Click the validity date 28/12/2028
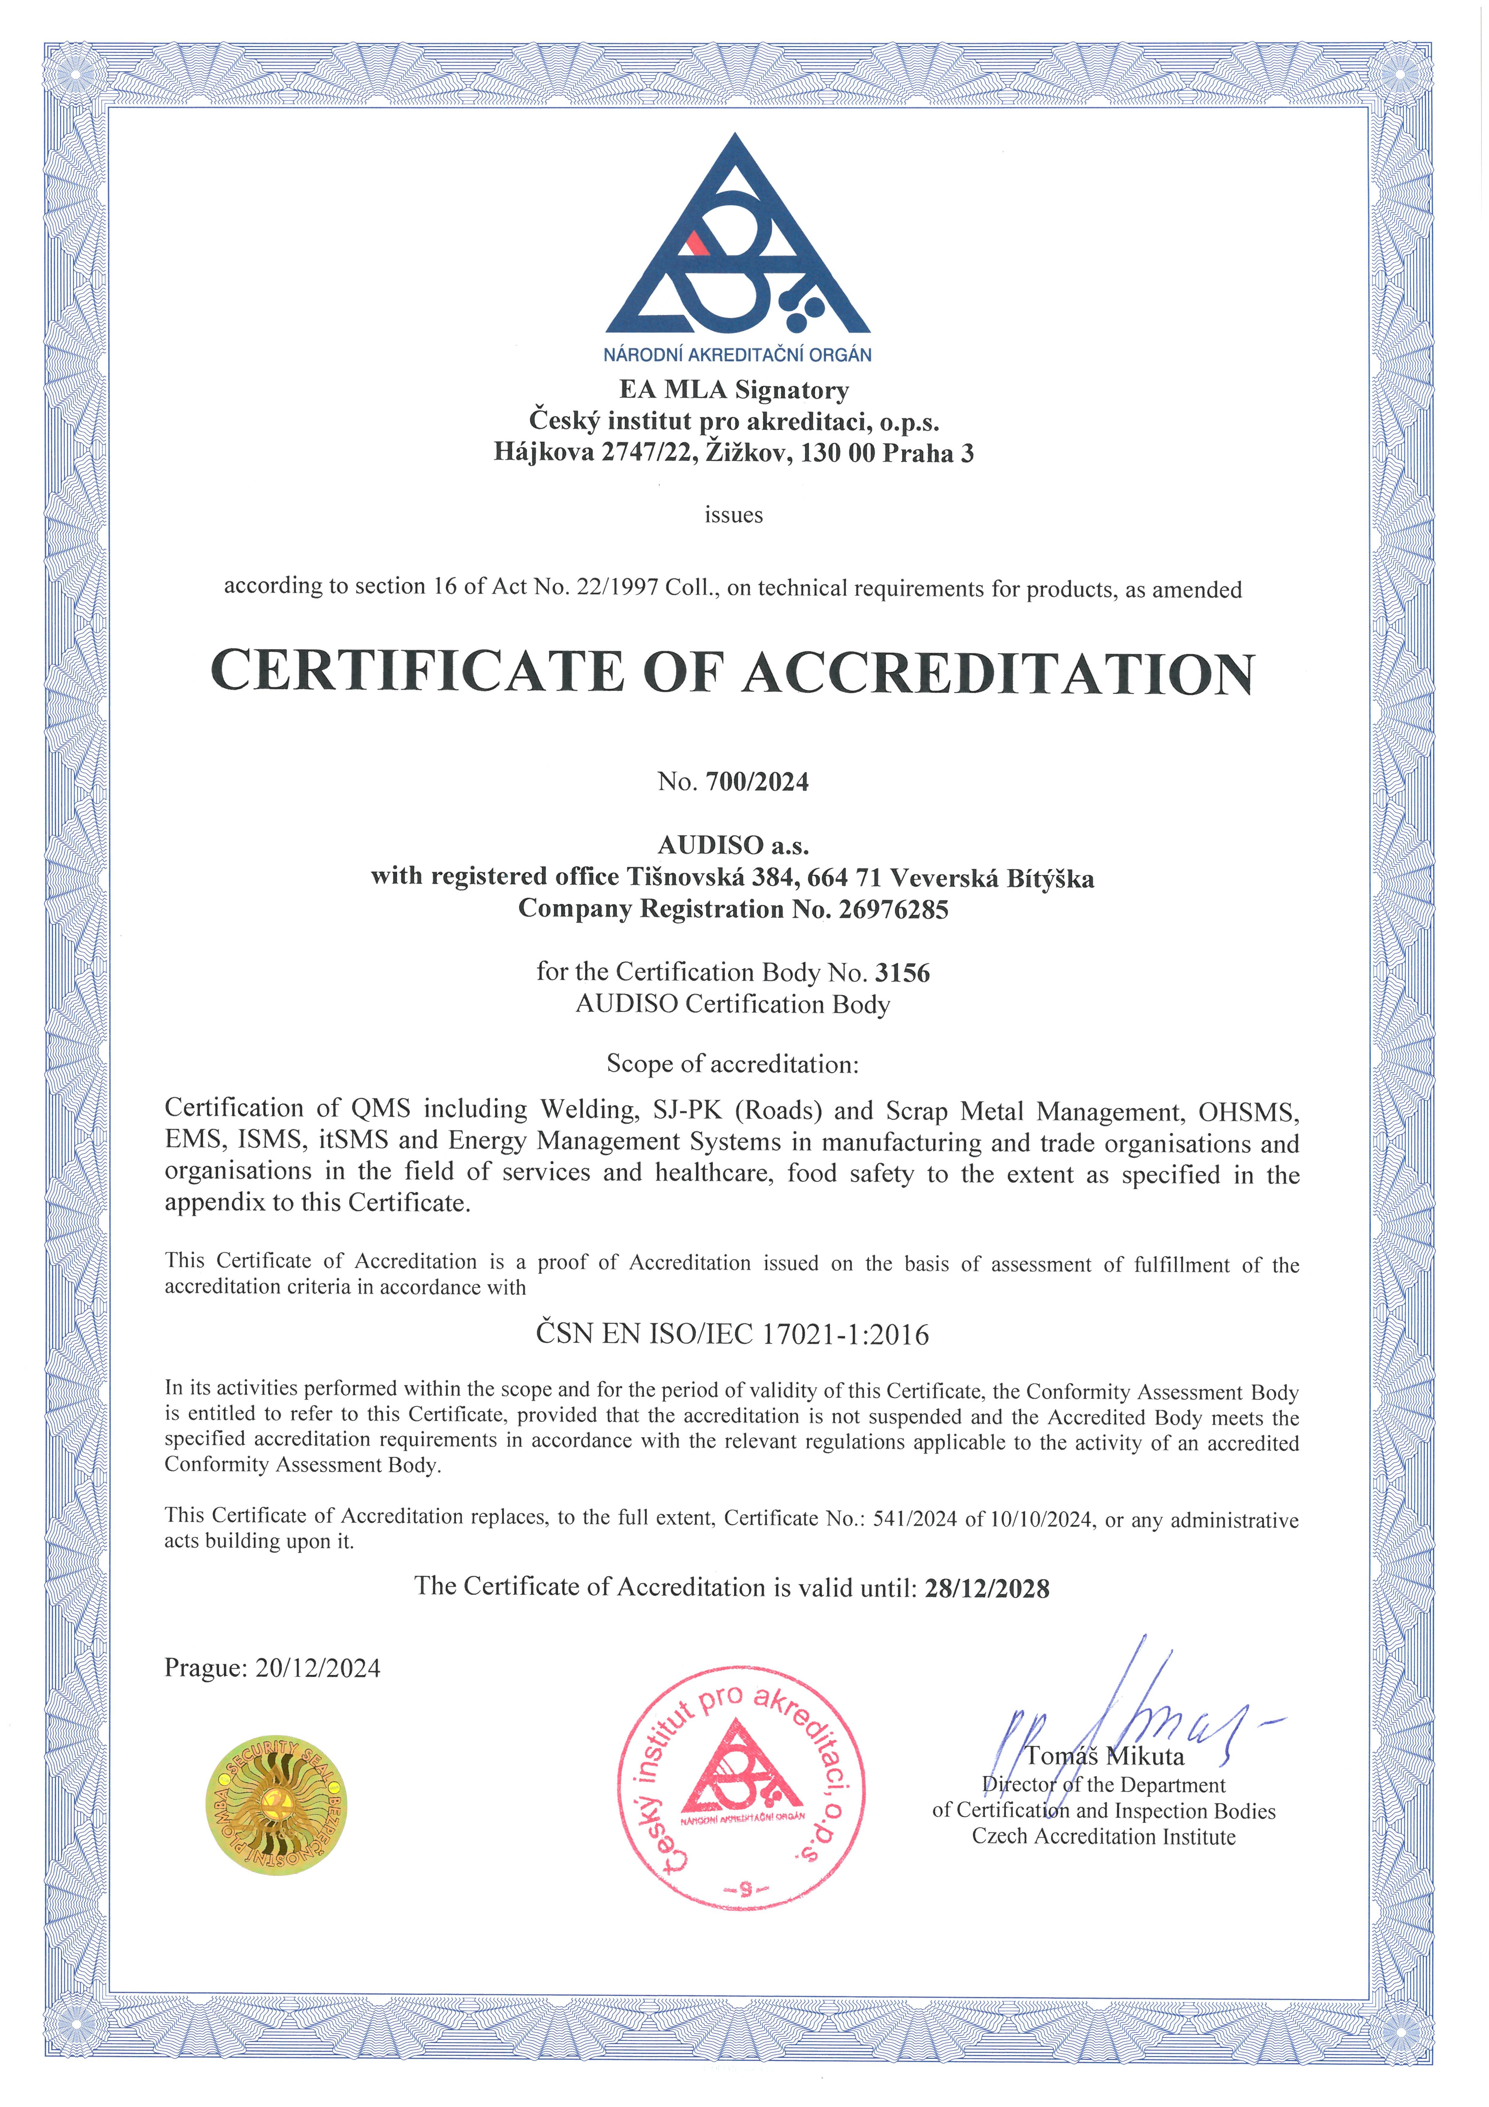(987, 1589)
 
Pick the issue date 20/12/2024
(317, 1668)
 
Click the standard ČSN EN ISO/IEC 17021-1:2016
(732, 1334)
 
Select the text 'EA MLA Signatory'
(734, 390)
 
